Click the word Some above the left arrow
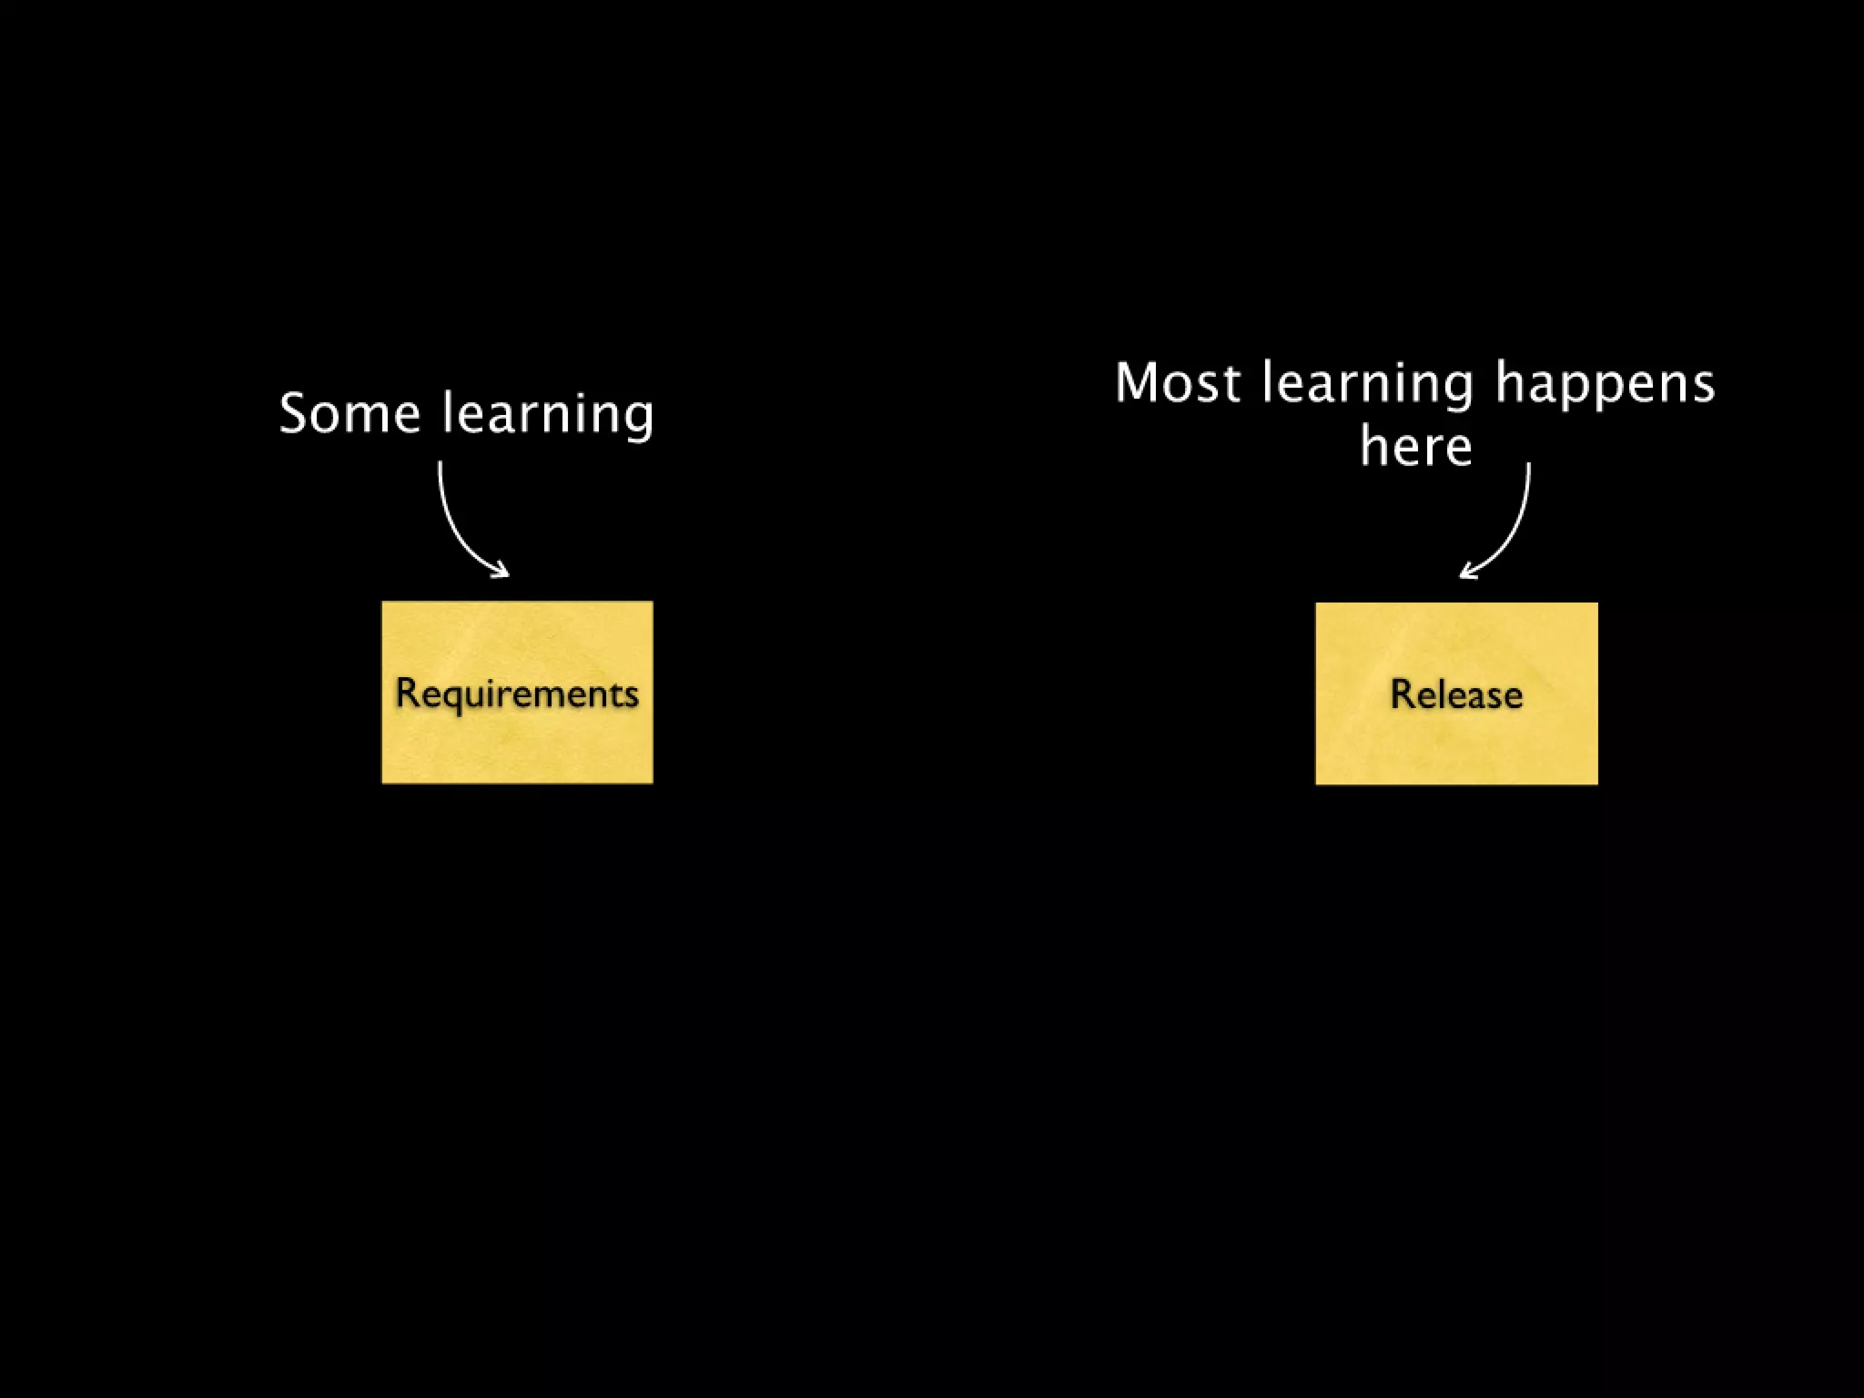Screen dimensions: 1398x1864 pos(349,414)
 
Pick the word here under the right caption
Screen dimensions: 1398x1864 pos(1415,447)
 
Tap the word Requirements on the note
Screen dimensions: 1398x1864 pos(517,694)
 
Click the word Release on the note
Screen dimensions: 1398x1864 pos(1456,694)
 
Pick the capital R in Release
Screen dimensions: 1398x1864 pos(1402,694)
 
